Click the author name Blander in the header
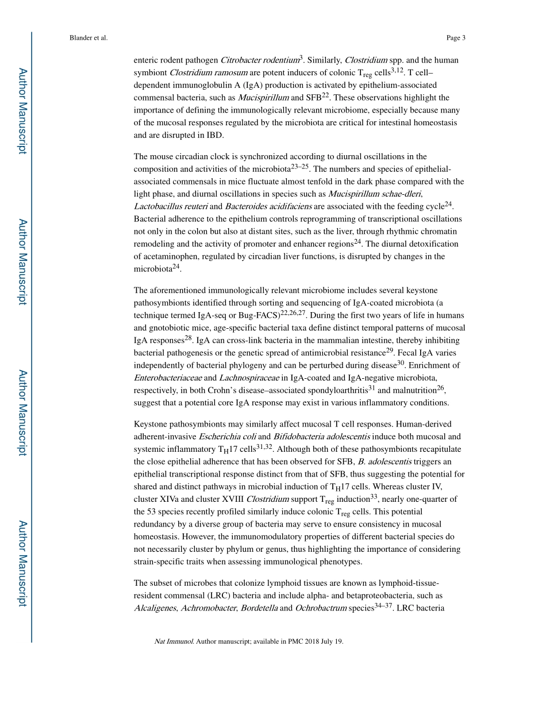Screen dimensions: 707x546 pos(80,38)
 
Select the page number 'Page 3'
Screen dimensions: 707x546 pos(456,38)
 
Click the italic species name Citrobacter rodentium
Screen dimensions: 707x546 pos(260,60)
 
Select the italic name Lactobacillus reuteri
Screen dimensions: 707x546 pos(171,207)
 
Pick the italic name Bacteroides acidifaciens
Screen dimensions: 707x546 pos(268,207)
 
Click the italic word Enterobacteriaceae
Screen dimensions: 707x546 pos(168,378)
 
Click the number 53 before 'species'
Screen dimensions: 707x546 pos(153,512)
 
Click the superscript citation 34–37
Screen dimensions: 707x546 pos(384,606)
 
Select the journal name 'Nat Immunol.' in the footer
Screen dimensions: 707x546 pos(174,641)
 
